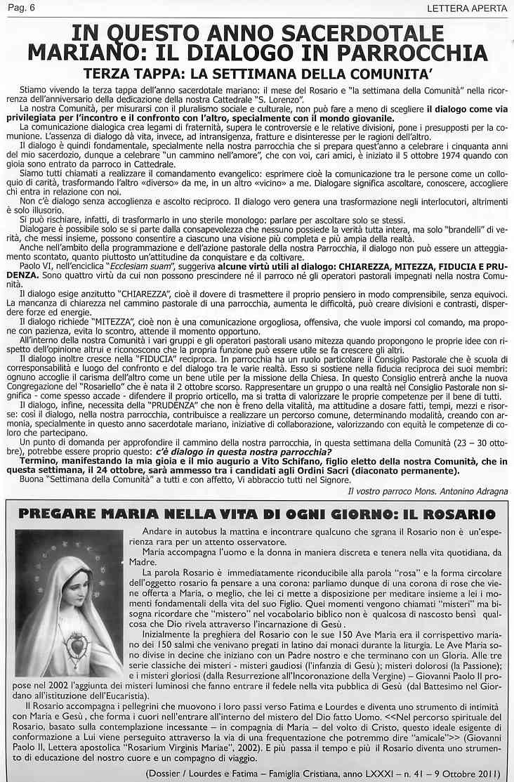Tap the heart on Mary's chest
[69, 642]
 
